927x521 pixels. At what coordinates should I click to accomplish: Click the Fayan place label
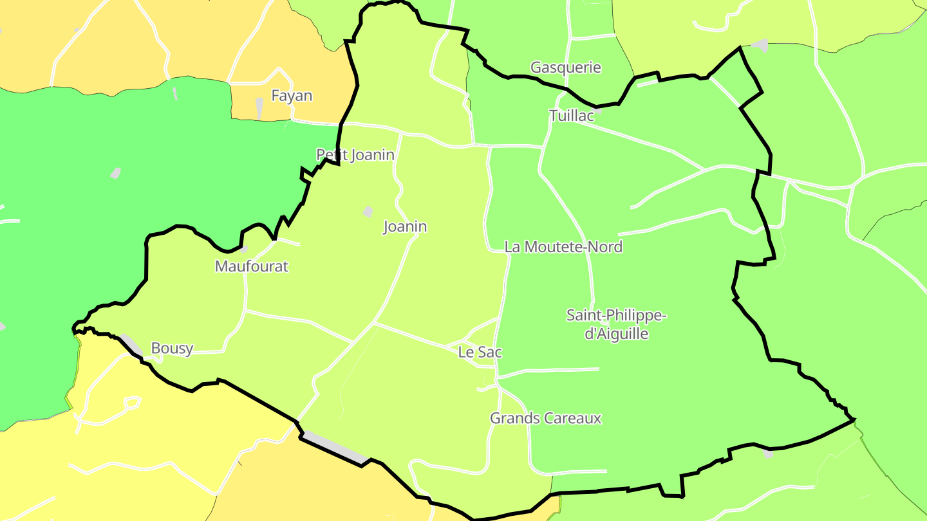click(x=292, y=96)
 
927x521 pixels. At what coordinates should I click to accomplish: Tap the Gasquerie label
click(x=565, y=68)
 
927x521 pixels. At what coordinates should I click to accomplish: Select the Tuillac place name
click(x=572, y=116)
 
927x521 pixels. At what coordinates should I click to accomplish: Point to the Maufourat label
click(x=252, y=266)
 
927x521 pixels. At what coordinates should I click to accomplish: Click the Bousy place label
click(x=172, y=349)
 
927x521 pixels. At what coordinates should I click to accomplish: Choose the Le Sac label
click(x=480, y=352)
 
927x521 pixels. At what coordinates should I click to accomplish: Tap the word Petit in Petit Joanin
click(x=330, y=155)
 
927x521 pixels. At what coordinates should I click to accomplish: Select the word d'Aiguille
click(x=616, y=334)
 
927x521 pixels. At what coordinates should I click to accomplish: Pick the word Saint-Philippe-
click(x=616, y=316)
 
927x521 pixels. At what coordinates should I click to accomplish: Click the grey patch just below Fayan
click(x=259, y=107)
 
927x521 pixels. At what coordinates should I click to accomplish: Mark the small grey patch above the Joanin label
click(x=368, y=212)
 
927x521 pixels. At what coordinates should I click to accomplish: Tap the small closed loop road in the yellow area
click(x=132, y=403)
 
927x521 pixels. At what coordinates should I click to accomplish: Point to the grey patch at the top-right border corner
click(x=760, y=46)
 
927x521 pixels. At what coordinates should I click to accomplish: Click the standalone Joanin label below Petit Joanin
click(x=405, y=227)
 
